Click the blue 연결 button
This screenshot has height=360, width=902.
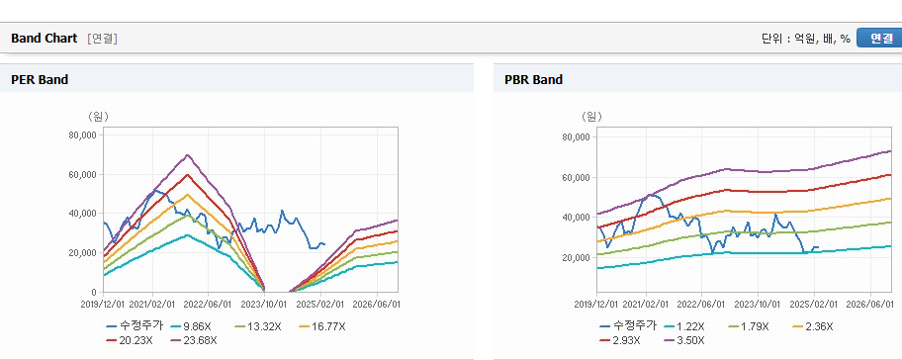tap(879, 38)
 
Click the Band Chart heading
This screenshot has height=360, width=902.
tap(44, 38)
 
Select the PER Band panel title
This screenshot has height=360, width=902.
tap(40, 80)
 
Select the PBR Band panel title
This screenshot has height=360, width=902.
tap(533, 80)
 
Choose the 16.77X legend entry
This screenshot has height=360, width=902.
tap(322, 326)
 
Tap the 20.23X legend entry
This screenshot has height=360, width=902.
tap(129, 340)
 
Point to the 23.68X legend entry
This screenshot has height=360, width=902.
tap(194, 340)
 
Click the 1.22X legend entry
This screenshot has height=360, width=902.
tap(683, 326)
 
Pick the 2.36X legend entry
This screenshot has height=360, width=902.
tap(812, 326)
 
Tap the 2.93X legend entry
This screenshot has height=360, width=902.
tap(620, 340)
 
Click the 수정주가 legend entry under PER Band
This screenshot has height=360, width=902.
tap(135, 326)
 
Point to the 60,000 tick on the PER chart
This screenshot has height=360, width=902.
tap(83, 174)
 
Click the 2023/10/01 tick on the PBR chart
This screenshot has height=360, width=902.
tap(759, 304)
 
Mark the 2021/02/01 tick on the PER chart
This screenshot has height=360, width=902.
tap(153, 304)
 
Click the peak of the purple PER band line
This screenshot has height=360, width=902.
tap(188, 154)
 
